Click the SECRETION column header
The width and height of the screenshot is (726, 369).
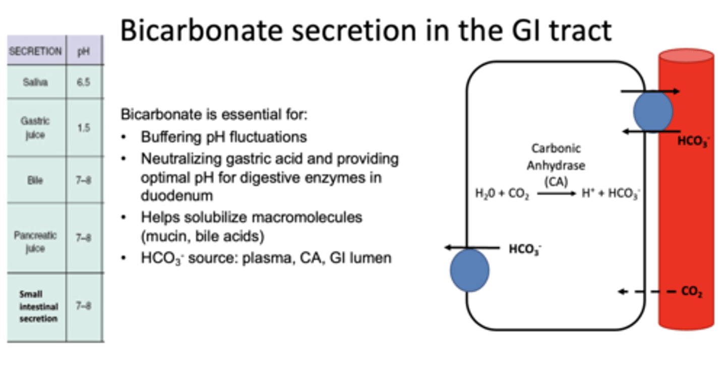(35, 51)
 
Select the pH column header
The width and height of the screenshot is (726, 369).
(84, 51)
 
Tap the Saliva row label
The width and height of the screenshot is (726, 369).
(35, 82)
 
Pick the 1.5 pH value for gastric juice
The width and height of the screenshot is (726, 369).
(84, 128)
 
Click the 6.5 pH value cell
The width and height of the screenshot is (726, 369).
(84, 82)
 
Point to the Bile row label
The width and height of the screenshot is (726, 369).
(35, 179)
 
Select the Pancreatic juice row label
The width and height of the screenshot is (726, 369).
(35, 241)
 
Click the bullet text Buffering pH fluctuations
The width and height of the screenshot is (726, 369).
(223, 137)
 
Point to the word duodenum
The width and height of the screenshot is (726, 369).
(176, 195)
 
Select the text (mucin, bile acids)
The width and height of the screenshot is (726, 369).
(203, 236)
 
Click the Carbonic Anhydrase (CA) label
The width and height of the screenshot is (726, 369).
(556, 165)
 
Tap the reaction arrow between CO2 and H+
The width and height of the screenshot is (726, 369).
(556, 193)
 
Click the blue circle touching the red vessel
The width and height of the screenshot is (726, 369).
(652, 112)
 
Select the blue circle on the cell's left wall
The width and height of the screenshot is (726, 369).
(469, 270)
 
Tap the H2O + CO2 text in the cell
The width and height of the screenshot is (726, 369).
(502, 194)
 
